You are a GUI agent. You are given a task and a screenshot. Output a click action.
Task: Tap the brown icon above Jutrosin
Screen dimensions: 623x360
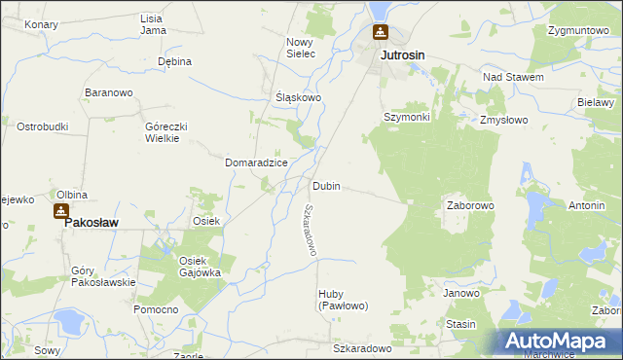click(380, 33)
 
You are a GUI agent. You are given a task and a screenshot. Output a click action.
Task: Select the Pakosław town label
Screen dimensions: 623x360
click(92, 222)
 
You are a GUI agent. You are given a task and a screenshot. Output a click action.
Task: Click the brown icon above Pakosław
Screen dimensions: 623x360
click(61, 210)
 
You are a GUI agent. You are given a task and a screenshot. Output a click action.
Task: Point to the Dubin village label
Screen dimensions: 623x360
click(326, 186)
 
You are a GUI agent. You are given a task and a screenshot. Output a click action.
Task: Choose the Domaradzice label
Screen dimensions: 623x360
click(256, 162)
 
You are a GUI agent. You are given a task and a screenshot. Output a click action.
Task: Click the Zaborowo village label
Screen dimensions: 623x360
click(471, 206)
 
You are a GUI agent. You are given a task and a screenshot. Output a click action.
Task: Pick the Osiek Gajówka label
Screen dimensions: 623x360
click(200, 267)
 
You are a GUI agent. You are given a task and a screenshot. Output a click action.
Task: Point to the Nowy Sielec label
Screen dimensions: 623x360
click(301, 48)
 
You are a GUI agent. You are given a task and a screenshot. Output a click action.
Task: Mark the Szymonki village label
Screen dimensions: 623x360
click(406, 117)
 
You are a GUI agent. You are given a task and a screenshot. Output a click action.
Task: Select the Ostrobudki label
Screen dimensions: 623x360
click(42, 127)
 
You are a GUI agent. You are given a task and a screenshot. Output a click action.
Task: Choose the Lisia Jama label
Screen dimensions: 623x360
click(152, 24)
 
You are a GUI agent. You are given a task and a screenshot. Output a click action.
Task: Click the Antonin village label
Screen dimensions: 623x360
click(587, 206)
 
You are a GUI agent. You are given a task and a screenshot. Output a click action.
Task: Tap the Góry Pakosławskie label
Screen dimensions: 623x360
click(103, 276)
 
